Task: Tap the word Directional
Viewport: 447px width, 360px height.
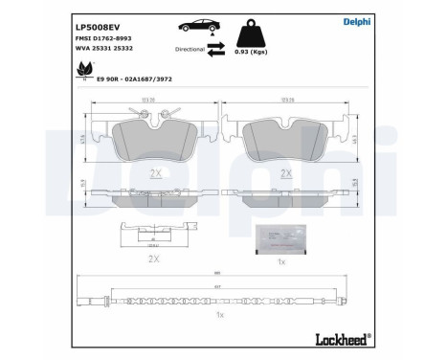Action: [x=190, y=47]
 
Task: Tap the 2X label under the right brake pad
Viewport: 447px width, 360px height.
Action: [x=284, y=172]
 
